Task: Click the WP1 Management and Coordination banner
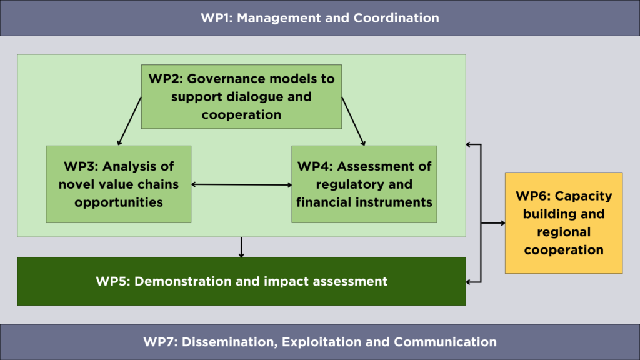coord(320,18)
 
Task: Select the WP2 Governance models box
coord(242,97)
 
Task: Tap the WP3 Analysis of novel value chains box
coord(118,184)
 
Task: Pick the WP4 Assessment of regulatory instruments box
coord(364,184)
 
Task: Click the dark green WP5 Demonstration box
coord(242,281)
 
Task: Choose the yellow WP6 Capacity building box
coord(564,223)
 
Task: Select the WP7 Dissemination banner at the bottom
coord(320,342)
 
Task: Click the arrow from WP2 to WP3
coord(130,121)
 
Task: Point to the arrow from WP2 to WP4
coord(354,121)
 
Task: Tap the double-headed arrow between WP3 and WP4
coord(242,184)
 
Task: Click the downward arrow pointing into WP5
coord(242,247)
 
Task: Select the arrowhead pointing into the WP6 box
coord(503,223)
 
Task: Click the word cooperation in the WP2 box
coord(242,115)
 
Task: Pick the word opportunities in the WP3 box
coord(118,202)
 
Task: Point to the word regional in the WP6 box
coord(564,232)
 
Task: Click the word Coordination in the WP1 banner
coord(396,18)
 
